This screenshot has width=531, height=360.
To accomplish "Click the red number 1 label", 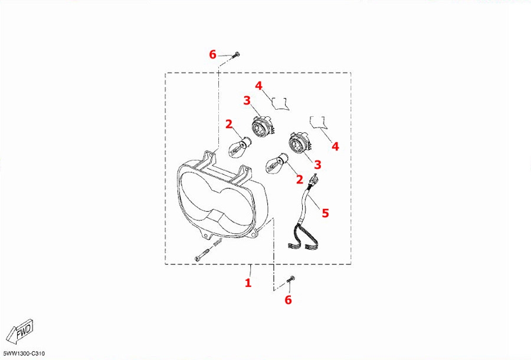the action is [x=248, y=283].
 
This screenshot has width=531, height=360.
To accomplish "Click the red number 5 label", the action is [x=325, y=213].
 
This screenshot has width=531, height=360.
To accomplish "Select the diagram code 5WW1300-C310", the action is [x=23, y=354].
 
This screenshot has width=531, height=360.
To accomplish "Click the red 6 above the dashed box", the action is [x=212, y=54].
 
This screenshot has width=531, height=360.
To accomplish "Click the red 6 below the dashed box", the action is [x=288, y=300].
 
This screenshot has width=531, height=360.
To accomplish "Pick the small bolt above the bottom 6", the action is [x=290, y=279].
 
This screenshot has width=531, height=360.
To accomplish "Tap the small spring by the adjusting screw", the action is [x=218, y=242].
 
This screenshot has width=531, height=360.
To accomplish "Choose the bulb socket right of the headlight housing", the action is [x=299, y=143].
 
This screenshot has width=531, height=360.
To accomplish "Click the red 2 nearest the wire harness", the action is [x=299, y=179].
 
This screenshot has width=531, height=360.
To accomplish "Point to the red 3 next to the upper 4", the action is [x=247, y=100].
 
